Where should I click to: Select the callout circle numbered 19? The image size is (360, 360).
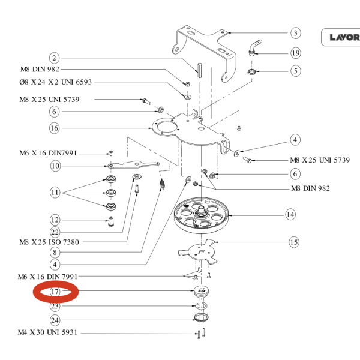[295, 53]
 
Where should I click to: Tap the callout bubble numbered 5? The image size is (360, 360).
[295, 71]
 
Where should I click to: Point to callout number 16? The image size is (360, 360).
[55, 128]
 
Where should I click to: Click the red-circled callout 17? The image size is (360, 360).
[55, 292]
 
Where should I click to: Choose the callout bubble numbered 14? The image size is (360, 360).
[290, 214]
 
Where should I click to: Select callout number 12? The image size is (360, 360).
[55, 220]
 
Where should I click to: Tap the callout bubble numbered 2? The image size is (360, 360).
[55, 58]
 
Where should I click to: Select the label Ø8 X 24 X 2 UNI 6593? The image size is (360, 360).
[55, 82]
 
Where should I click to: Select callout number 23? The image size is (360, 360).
[55, 306]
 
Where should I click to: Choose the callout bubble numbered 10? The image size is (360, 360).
[55, 166]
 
